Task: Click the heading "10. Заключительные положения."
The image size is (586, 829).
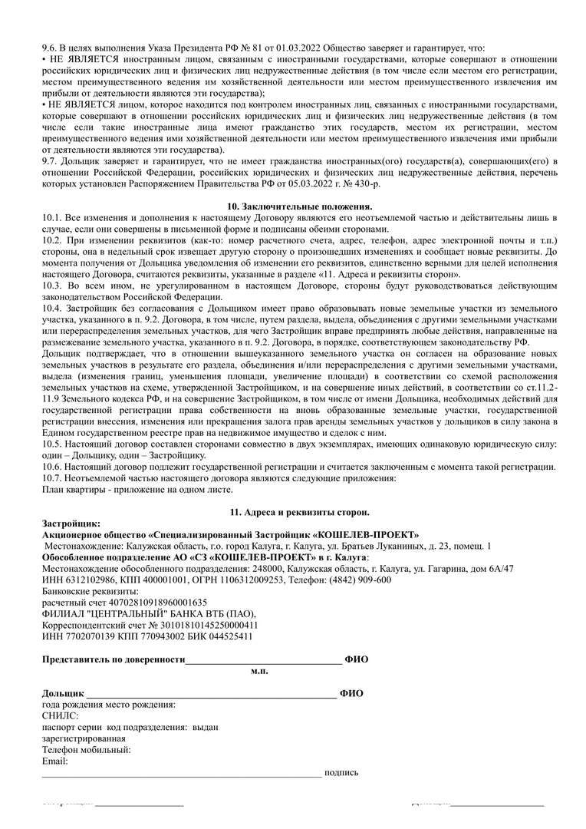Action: click(299, 207)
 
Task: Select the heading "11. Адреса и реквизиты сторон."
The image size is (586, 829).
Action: click(299, 511)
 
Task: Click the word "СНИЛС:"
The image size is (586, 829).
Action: click(61, 715)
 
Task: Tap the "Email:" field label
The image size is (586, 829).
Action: click(55, 761)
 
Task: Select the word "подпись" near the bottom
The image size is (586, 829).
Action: click(341, 773)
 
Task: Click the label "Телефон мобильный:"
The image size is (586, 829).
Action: click(87, 750)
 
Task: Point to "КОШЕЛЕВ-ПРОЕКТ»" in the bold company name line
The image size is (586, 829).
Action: click(369, 534)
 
